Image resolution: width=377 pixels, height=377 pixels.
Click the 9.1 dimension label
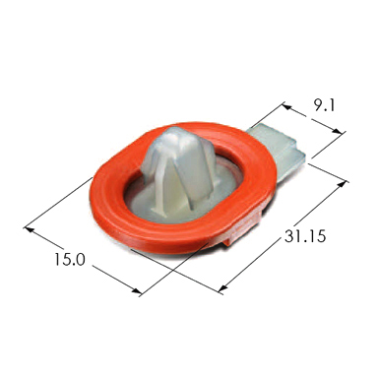pyautogui.click(x=324, y=105)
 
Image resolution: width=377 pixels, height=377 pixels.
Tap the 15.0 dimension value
pyautogui.click(x=70, y=259)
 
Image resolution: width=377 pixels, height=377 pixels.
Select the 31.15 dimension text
pyautogui.click(x=305, y=236)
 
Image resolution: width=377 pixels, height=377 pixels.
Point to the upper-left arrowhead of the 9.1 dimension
pyautogui.click(x=286, y=106)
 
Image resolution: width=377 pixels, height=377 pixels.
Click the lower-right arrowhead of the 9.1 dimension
pyautogui.click(x=338, y=131)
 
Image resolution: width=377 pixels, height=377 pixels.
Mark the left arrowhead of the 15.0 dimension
pyautogui.click(x=30, y=229)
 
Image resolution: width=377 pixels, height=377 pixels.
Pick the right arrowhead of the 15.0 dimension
pyautogui.click(x=137, y=290)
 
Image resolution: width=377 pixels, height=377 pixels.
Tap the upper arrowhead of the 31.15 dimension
pyautogui.click(x=342, y=184)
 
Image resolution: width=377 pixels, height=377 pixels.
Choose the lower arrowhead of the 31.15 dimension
pyautogui.click(x=222, y=288)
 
